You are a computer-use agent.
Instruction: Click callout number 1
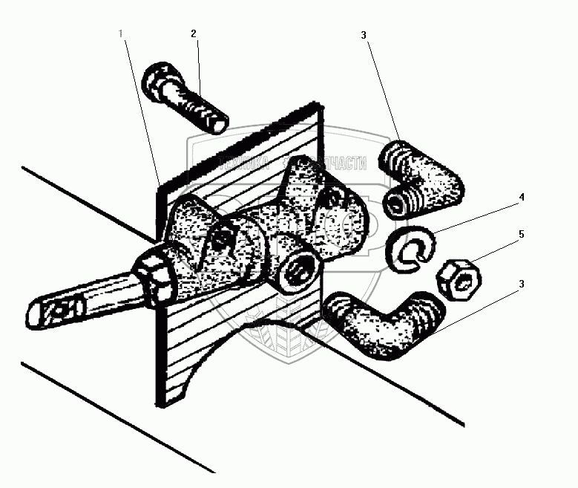[121, 33]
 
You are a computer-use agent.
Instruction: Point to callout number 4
[522, 198]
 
